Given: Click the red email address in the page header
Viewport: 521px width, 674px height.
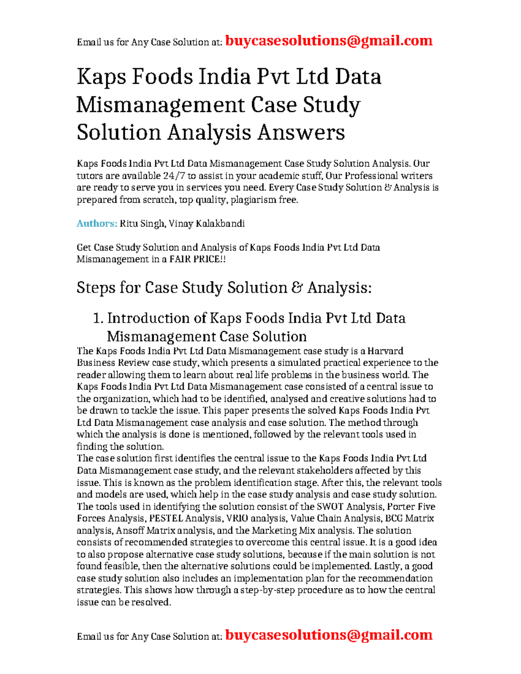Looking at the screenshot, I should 329,41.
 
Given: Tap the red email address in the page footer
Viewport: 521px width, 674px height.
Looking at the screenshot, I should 329,635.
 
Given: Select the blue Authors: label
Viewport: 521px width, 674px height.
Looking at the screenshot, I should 97,224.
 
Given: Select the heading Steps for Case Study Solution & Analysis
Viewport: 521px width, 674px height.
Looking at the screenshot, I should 224,288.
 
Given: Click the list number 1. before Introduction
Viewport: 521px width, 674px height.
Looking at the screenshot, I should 98,319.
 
